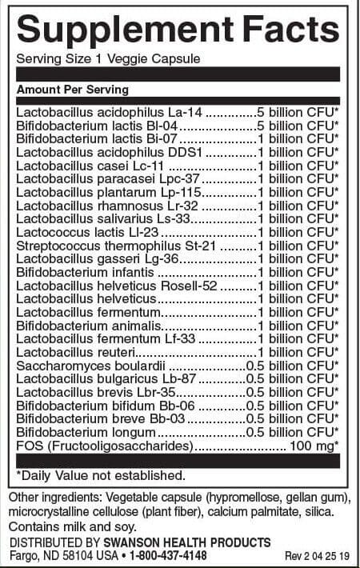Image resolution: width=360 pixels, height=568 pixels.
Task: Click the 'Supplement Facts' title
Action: [178, 30]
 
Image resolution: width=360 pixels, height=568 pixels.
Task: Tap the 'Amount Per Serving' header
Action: [73, 90]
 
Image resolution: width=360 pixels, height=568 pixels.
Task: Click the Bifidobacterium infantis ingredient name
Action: [78, 271]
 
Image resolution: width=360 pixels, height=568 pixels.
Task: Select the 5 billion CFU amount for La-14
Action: [299, 112]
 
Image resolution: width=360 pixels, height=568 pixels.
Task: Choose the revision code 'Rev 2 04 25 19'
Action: [318, 556]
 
